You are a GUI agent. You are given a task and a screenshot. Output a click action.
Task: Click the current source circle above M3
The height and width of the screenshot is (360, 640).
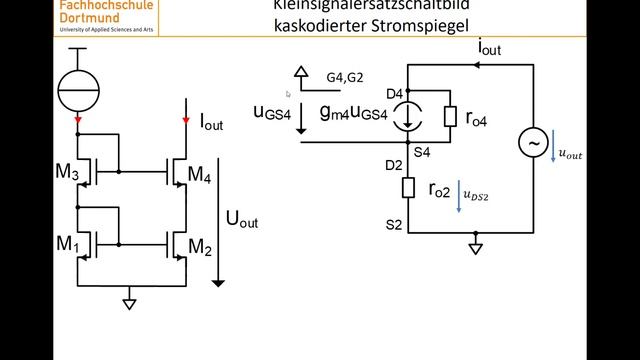78,89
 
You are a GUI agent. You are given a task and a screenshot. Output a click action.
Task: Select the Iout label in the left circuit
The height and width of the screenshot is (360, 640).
212,123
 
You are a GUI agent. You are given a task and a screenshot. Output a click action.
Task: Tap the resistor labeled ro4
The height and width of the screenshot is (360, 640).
451,117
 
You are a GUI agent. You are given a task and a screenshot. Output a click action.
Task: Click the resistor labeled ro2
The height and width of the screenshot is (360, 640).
409,188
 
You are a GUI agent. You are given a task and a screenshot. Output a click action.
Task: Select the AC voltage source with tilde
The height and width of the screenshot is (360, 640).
531,145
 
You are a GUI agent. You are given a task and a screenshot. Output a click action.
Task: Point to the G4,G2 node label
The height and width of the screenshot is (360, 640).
346,76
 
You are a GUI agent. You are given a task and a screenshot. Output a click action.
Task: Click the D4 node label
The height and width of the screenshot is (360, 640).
395,94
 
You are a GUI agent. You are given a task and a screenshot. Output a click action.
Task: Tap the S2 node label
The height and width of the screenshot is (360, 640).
394,226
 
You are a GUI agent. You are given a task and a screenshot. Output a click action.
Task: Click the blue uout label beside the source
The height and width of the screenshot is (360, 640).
570,154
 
